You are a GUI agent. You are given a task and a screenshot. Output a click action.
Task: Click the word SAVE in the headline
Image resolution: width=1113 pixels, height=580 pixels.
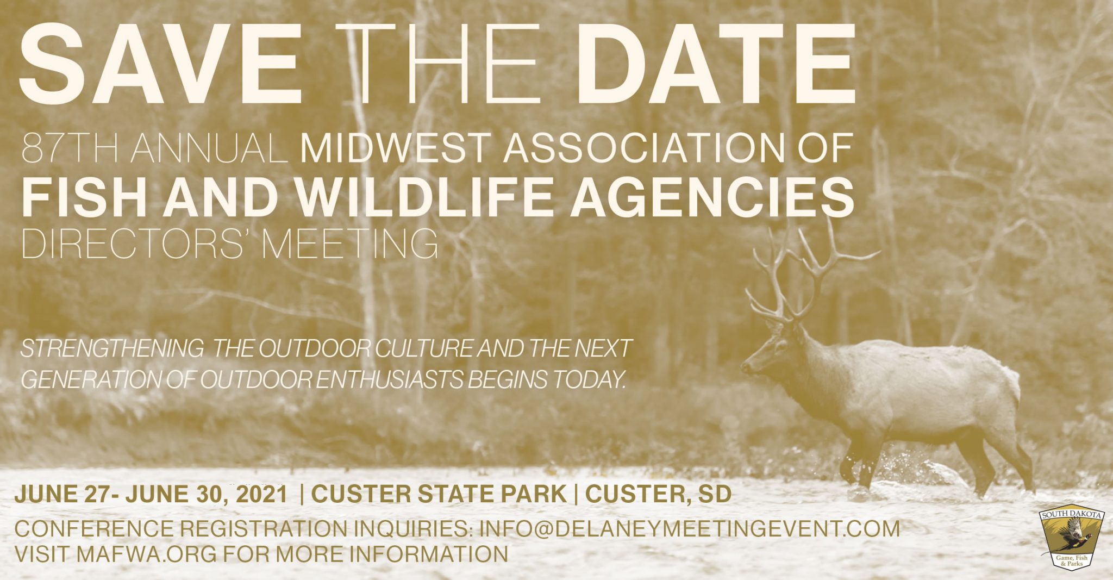(x=160, y=64)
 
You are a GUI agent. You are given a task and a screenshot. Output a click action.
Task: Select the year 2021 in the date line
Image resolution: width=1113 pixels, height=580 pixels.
(x=260, y=494)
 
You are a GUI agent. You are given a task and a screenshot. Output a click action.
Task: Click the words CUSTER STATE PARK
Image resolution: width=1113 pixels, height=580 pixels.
(x=439, y=494)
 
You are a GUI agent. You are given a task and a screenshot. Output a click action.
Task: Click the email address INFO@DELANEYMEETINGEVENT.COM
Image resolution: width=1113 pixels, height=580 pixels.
(x=690, y=529)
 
